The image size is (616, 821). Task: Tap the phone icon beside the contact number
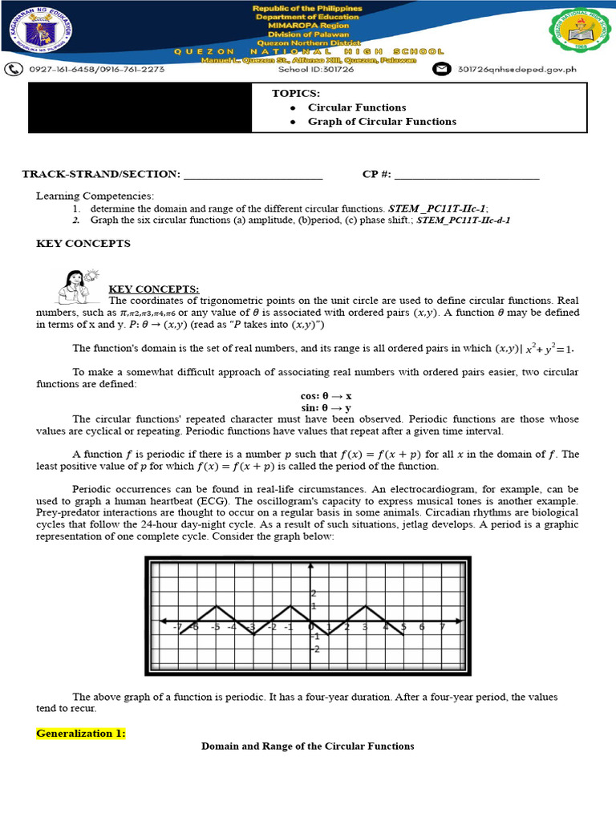coord(14,69)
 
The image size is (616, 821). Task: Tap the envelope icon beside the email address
coord(441,70)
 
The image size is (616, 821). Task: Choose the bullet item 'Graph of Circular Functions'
coord(382,122)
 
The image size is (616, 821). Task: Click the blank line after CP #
coord(467,175)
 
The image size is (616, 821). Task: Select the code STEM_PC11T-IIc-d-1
coord(464,219)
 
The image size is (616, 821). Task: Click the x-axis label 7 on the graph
coord(443,627)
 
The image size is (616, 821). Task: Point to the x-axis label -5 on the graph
coord(215,627)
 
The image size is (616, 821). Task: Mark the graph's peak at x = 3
coord(366,606)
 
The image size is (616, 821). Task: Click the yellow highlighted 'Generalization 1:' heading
coord(81,733)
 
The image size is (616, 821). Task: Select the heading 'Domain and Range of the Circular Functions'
coord(307,746)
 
